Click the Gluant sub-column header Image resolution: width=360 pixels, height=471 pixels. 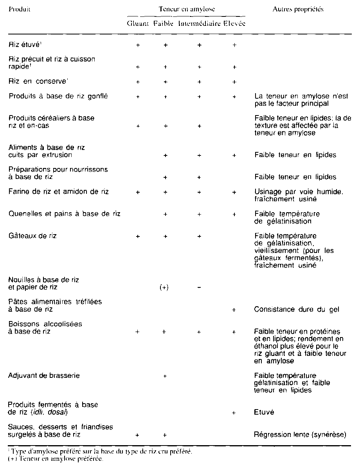pyautogui.click(x=138, y=23)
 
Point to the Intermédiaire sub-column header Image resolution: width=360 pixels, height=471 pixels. pyautogui.click(x=199, y=23)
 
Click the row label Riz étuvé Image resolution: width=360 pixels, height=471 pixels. pyautogui.click(x=25, y=45)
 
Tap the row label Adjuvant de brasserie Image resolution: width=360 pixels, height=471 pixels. pyautogui.click(x=44, y=375)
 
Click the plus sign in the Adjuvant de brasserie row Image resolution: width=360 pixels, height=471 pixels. pyautogui.click(x=165, y=376)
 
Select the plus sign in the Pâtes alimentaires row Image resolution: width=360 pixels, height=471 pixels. pyautogui.click(x=234, y=310)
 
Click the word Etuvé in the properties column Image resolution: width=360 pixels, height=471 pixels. pyautogui.click(x=265, y=412)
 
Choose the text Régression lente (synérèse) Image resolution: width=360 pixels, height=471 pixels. pyautogui.click(x=301, y=434)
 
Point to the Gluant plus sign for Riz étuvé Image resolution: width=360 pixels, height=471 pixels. pyautogui.click(x=138, y=45)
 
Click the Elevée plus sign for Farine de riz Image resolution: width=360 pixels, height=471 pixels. pyautogui.click(x=234, y=192)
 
